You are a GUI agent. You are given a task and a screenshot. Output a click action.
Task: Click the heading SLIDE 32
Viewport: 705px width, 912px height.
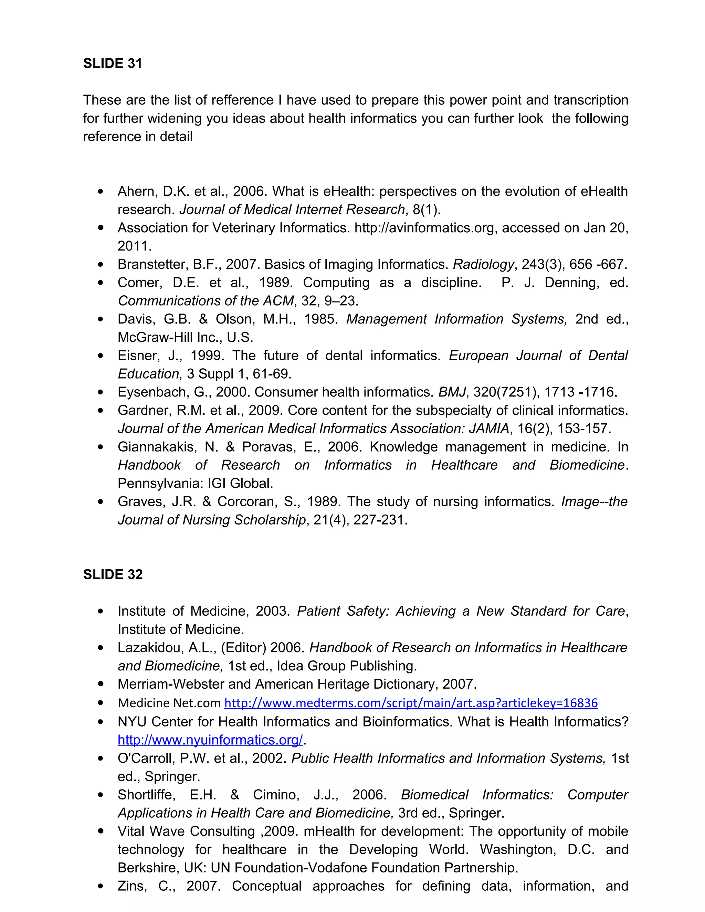click(113, 575)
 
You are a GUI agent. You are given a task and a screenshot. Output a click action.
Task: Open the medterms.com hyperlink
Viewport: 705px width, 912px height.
click(411, 703)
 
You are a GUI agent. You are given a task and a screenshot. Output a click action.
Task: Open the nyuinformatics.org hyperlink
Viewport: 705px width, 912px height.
click(210, 740)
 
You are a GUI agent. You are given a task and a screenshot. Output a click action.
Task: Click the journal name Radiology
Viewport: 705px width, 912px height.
click(483, 264)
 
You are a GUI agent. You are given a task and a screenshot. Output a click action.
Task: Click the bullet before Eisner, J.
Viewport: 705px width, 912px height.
click(100, 356)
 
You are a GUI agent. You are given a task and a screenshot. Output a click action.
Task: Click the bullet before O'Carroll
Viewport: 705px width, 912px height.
click(100, 758)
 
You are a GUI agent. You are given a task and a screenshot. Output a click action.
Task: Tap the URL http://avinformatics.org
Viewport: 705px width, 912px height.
click(424, 228)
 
